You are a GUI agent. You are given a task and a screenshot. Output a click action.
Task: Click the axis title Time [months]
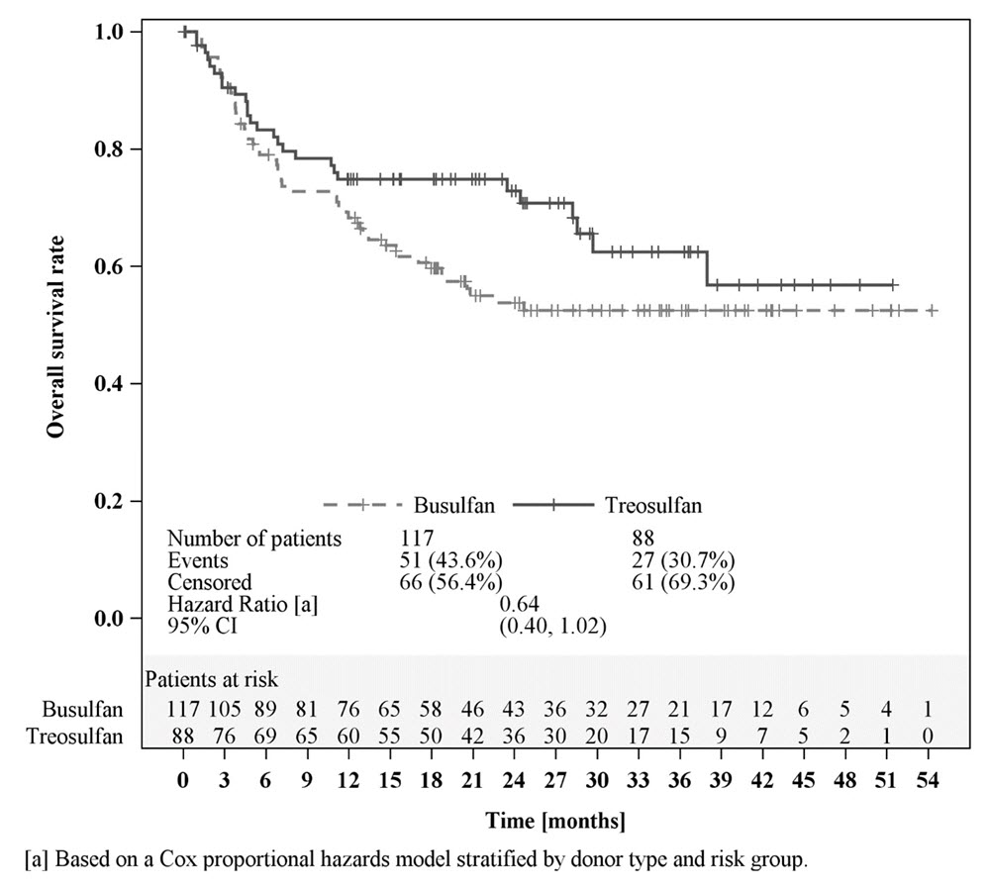[555, 822]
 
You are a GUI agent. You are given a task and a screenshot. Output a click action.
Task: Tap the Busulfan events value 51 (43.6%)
[448, 560]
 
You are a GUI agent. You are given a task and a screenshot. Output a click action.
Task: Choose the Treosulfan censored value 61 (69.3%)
[681, 581]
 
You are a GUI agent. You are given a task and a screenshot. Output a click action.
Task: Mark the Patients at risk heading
[212, 680]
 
